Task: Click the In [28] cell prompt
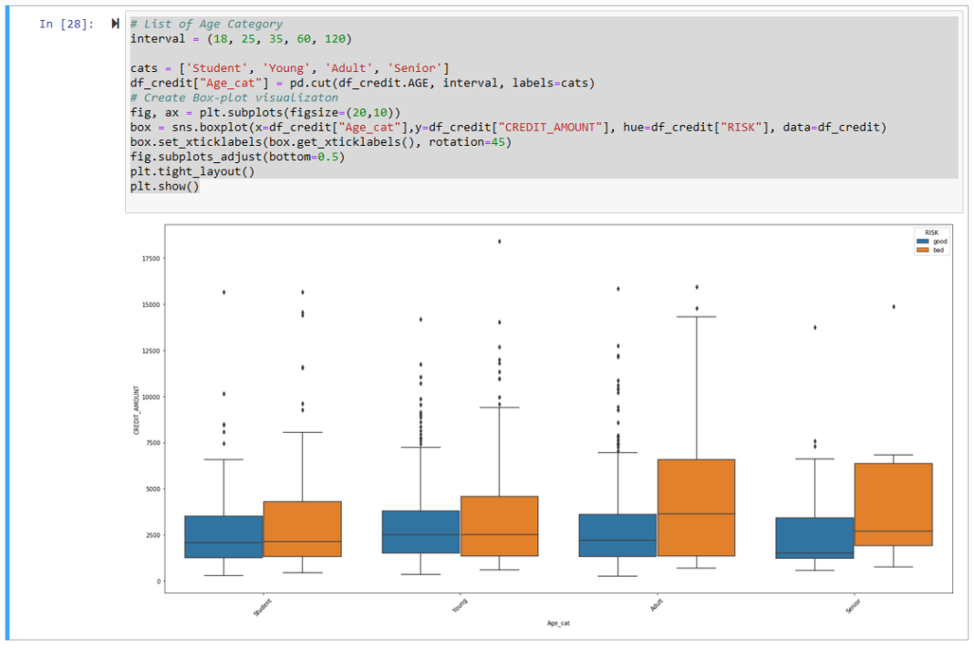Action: pyautogui.click(x=66, y=25)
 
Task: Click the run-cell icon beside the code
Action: pyautogui.click(x=115, y=24)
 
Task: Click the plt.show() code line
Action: pyautogui.click(x=164, y=186)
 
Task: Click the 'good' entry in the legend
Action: pyautogui.click(x=938, y=242)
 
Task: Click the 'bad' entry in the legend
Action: pyautogui.click(x=938, y=250)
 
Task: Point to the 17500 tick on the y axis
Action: pyautogui.click(x=150, y=259)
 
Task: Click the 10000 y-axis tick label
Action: pyautogui.click(x=150, y=397)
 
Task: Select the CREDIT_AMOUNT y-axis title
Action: pyautogui.click(x=137, y=409)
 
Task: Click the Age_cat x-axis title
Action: pyautogui.click(x=557, y=623)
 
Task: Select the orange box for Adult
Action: pyautogui.click(x=696, y=508)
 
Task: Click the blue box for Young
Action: pyautogui.click(x=420, y=531)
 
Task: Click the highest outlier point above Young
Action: pyautogui.click(x=499, y=242)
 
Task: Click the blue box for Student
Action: pyautogui.click(x=223, y=537)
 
